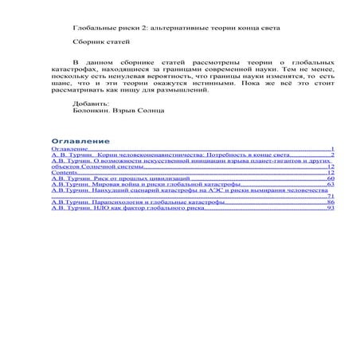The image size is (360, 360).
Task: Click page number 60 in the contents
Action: tap(331, 179)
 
